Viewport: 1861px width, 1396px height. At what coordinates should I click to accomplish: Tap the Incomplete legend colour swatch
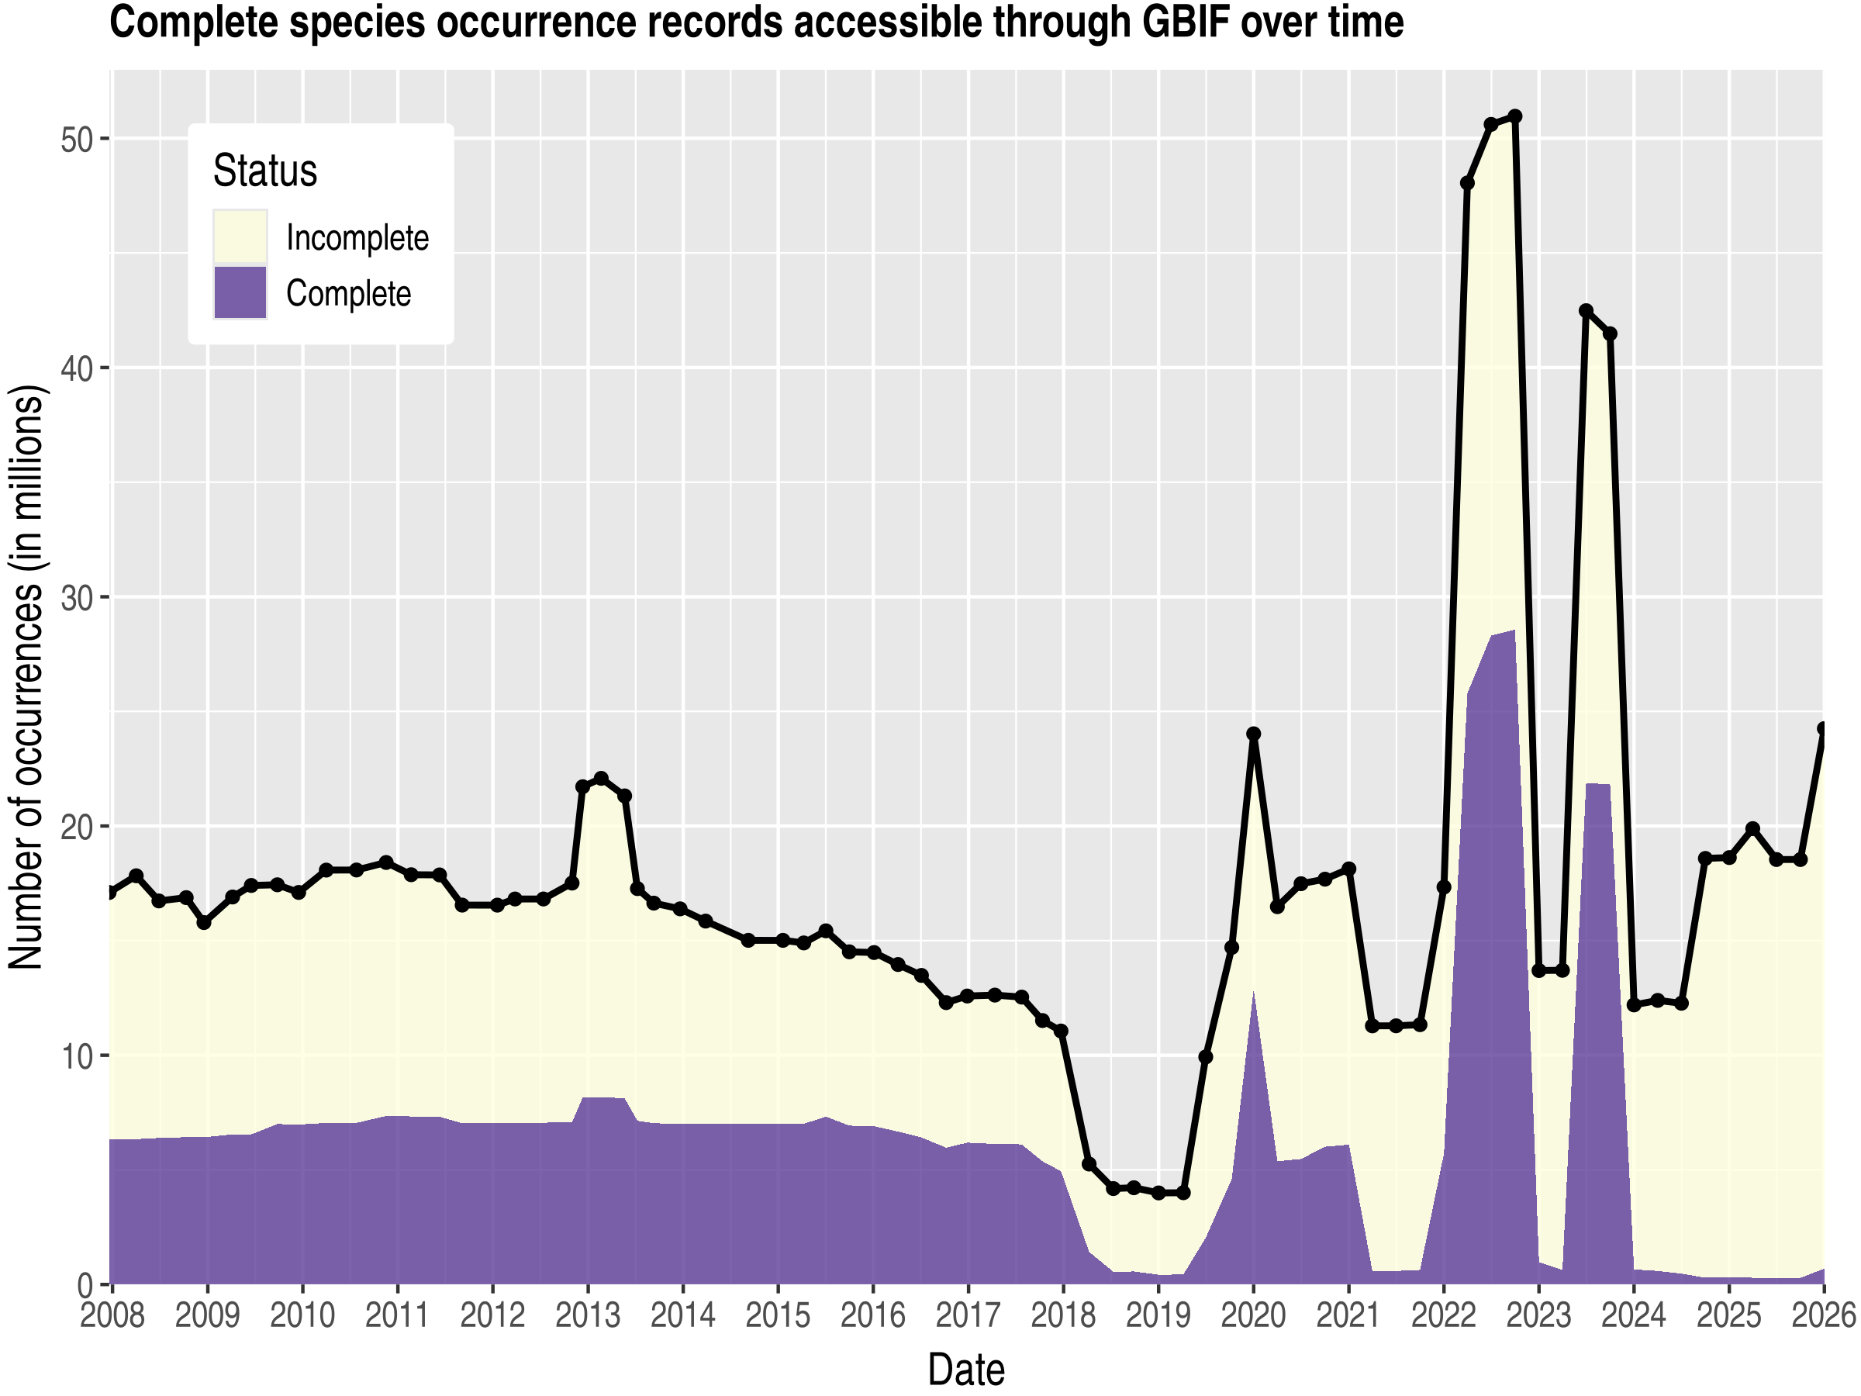pyautogui.click(x=240, y=237)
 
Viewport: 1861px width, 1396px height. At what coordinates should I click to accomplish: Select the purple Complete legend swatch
pyautogui.click(x=240, y=293)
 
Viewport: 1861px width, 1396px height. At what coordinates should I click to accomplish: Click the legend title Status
pyautogui.click(x=265, y=171)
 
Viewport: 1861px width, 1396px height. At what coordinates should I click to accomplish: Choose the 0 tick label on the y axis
pyautogui.click(x=87, y=1286)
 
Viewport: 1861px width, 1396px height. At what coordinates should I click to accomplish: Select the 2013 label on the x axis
pyautogui.click(x=587, y=1315)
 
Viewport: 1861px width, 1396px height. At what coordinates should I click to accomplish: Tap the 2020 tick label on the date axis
pyautogui.click(x=1253, y=1315)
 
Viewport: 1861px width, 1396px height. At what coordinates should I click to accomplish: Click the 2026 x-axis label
pyautogui.click(x=1823, y=1315)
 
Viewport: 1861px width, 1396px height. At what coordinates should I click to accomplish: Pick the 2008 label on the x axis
pyautogui.click(x=112, y=1315)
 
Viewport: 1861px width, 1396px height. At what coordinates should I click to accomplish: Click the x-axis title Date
pyautogui.click(x=966, y=1369)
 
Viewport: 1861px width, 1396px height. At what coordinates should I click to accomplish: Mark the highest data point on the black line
pyautogui.click(x=1515, y=116)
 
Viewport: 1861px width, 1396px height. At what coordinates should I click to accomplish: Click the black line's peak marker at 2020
pyautogui.click(x=1254, y=734)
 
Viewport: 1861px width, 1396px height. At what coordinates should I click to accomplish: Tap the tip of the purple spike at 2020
pyautogui.click(x=1254, y=993)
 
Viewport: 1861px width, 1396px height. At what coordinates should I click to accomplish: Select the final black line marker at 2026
pyautogui.click(x=1823, y=729)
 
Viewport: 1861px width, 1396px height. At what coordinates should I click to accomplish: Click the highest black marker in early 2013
pyautogui.click(x=601, y=779)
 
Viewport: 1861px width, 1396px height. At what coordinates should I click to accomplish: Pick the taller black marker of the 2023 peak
pyautogui.click(x=1586, y=310)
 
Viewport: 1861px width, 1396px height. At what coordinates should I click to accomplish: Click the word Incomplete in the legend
pyautogui.click(x=357, y=238)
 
